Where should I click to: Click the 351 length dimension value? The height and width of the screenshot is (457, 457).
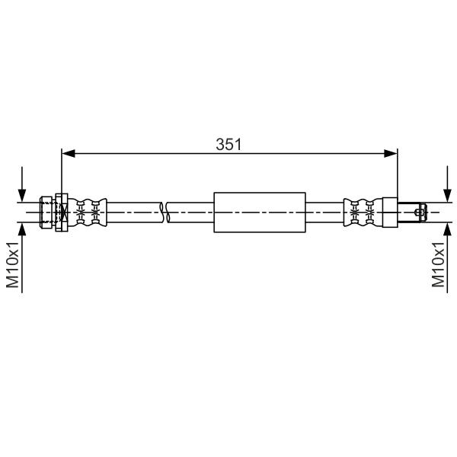tap(228, 144)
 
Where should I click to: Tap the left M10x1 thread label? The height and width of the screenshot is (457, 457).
tap(12, 264)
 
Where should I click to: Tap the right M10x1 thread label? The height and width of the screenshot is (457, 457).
tap(438, 264)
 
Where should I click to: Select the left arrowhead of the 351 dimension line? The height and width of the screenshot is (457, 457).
tap(69, 154)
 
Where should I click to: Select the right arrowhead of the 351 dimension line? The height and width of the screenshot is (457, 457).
tap(391, 154)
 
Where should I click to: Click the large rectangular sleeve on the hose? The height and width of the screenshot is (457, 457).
tap(260, 213)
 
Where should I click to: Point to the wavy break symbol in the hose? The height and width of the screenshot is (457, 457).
tap(165, 213)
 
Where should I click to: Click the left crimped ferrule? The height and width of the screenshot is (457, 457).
tap(88, 213)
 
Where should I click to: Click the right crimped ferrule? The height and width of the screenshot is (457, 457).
tap(363, 213)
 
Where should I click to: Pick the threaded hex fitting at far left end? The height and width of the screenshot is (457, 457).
tap(46, 213)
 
